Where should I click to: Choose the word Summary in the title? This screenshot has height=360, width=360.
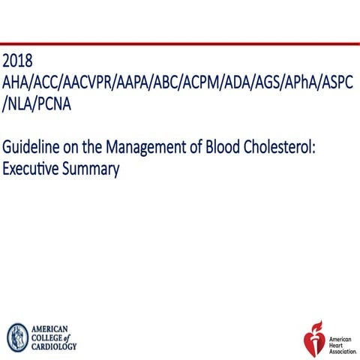[92, 169]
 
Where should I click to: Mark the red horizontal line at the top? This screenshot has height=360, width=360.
[180, 43]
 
